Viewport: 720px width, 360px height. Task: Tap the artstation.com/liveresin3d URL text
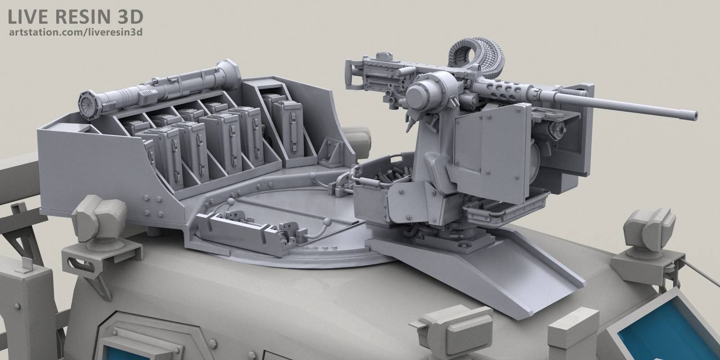[x=76, y=32]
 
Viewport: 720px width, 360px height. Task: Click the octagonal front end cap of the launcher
[x=89, y=105]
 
